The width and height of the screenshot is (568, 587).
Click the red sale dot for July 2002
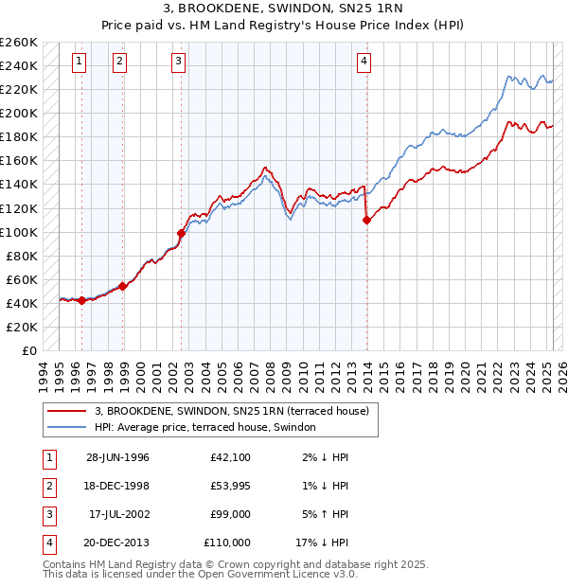[181, 232]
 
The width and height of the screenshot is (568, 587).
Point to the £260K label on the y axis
[19, 43]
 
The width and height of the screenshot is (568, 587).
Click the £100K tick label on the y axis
[19, 232]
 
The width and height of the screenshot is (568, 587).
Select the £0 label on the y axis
[29, 350]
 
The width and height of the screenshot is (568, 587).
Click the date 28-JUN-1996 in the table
[117, 458]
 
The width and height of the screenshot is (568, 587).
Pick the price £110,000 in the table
[227, 543]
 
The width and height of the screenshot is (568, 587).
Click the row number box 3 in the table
[47, 515]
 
